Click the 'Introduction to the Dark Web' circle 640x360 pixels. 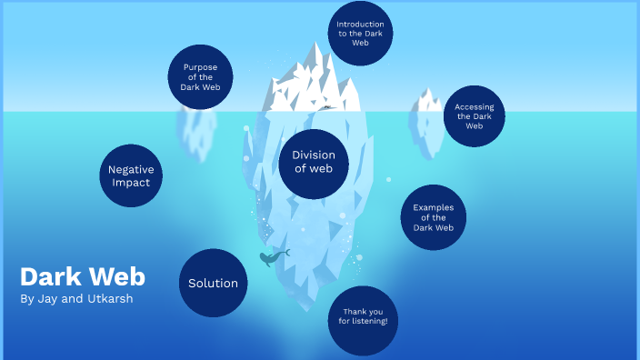[359, 33]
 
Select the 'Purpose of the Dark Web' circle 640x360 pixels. [200, 77]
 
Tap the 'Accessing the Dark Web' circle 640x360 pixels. [475, 116]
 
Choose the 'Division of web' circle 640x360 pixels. [314, 162]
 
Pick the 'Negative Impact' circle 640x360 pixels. [131, 175]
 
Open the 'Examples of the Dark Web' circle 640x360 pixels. [433, 217]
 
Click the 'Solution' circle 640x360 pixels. [213, 283]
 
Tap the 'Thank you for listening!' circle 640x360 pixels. [363, 320]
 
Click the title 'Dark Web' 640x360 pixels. [82, 276]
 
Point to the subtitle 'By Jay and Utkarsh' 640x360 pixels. [76, 298]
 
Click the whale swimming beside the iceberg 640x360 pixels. [272, 257]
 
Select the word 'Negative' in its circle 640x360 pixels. [131, 169]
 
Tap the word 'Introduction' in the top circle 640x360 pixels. [360, 24]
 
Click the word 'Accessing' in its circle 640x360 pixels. [475, 106]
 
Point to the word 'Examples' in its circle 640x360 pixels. [433, 207]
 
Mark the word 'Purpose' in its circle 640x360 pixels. [200, 67]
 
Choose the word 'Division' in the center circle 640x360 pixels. [314, 155]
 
